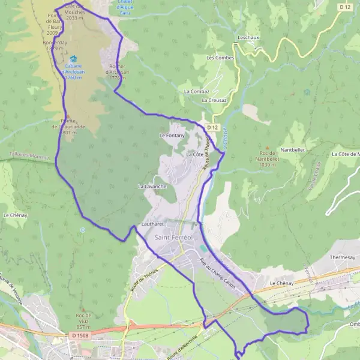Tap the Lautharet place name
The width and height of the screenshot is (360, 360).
152,224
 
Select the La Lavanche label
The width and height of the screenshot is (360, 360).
152,187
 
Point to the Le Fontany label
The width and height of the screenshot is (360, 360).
172,136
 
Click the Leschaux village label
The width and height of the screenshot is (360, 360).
248,37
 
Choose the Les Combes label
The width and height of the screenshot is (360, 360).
220,58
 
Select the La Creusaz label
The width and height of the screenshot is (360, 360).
214,100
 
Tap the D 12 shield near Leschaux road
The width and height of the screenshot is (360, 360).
344,7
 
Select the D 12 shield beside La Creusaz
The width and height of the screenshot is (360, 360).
213,127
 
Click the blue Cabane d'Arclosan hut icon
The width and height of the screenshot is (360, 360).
73,59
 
